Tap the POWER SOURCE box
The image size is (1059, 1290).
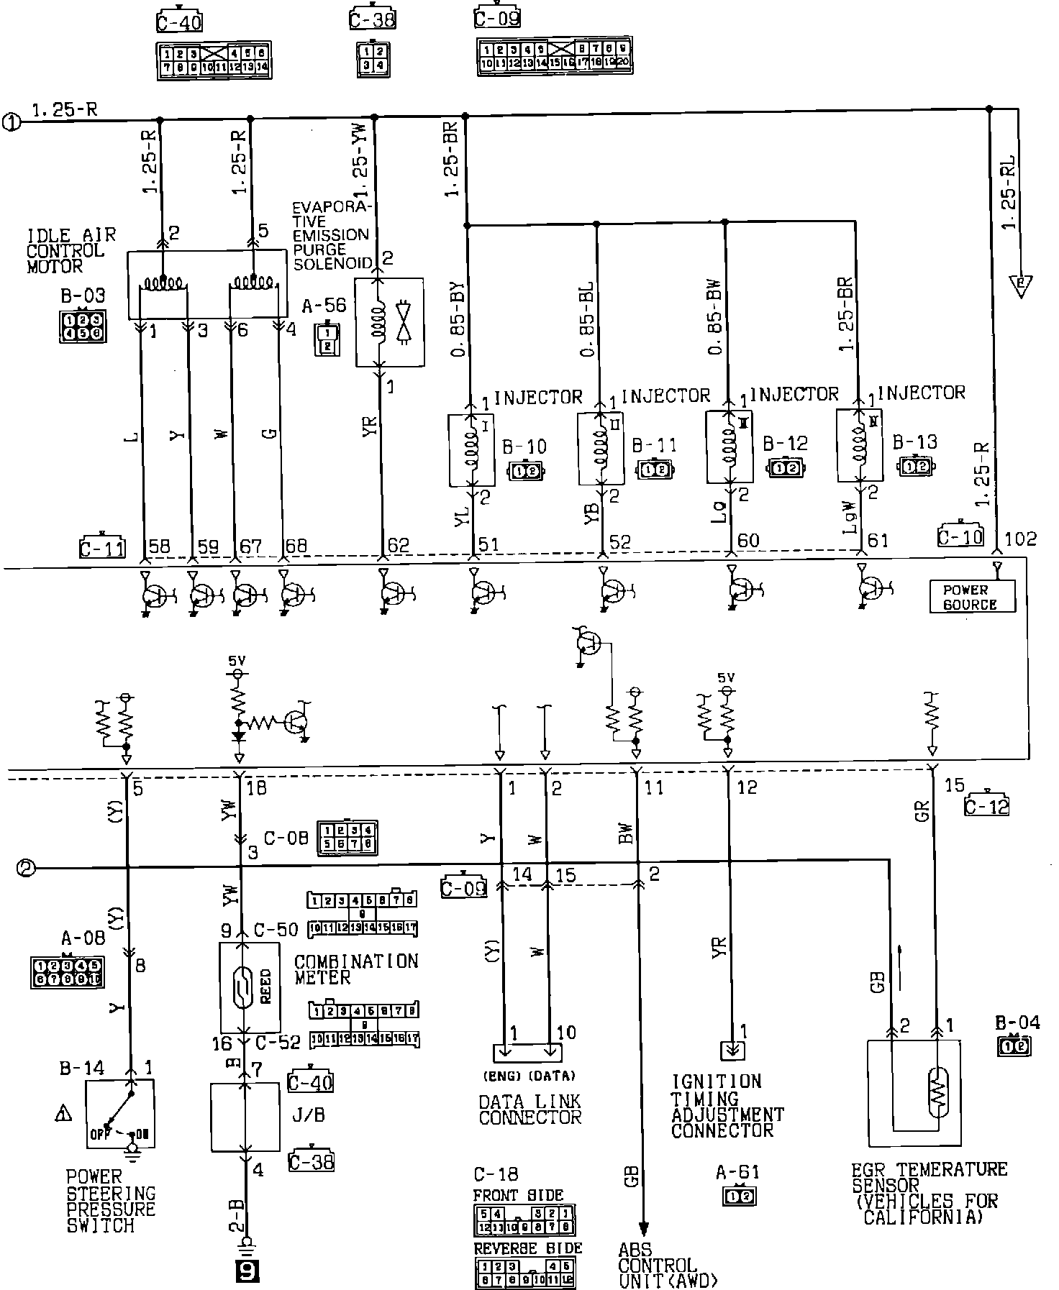pos(971,597)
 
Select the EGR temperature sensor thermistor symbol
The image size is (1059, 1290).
pos(938,1096)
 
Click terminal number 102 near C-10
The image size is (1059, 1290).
pos(1020,539)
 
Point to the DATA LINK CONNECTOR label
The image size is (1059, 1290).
pos(529,1110)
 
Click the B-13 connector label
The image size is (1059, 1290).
pos(915,442)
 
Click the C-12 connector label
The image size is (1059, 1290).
pos(986,806)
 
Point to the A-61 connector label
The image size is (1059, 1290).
pos(737,1173)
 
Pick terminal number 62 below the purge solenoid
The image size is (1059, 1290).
pos(399,544)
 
